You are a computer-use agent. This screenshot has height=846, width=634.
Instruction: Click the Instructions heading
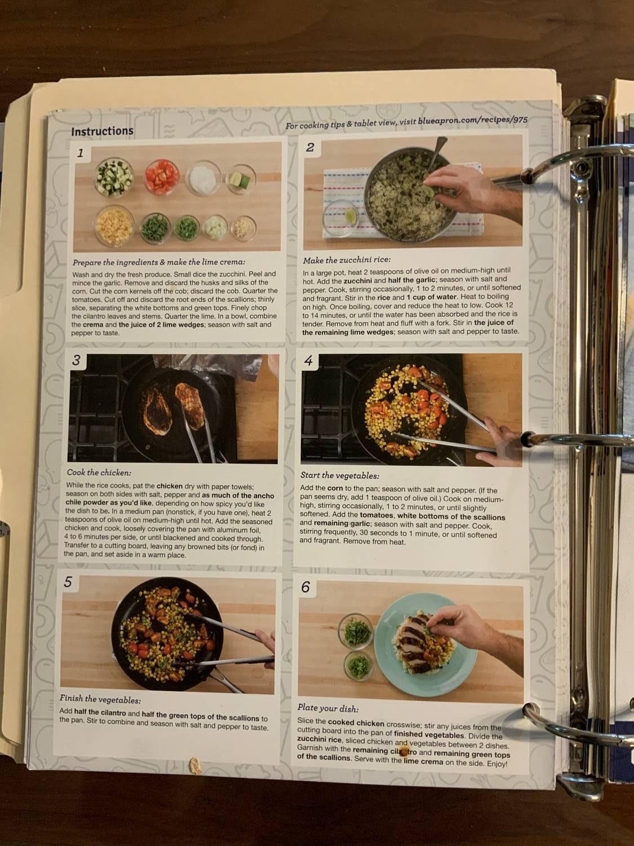coord(102,131)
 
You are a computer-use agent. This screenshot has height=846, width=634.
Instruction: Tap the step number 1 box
coord(81,153)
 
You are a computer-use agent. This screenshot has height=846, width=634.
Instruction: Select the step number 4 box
coord(309,361)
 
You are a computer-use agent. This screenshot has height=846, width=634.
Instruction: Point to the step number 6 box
coord(305,587)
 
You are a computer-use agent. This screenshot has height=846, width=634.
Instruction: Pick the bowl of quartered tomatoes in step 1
coord(163,177)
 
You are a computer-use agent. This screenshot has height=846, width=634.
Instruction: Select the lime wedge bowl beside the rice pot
coord(343,217)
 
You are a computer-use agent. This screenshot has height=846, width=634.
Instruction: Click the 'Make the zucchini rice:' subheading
coord(347,261)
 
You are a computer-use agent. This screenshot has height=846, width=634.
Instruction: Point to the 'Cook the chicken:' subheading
coord(99,473)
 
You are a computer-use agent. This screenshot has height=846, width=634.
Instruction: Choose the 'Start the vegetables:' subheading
coord(339,475)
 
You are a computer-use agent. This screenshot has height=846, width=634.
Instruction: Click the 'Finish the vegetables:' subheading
coord(100,700)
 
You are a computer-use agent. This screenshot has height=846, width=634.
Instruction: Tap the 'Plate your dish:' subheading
coord(328,708)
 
